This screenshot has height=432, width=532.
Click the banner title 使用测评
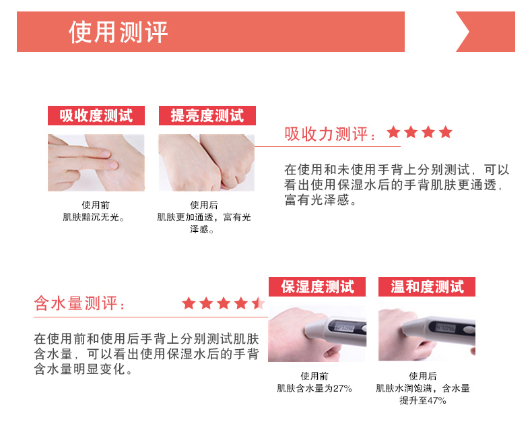pos(118,32)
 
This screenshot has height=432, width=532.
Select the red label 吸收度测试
pos(96,115)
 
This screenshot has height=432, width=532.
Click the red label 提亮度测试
pos(207,115)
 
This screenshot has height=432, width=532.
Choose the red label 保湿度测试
pos(317,286)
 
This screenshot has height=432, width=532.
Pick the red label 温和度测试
pos(427,286)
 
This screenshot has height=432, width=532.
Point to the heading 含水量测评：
pos(80,304)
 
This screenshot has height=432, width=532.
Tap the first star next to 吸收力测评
pos(393,132)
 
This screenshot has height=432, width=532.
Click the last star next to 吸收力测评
pos(445,132)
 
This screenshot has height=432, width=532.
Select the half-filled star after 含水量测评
pos(259,303)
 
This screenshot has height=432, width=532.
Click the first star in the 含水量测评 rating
pos(189,303)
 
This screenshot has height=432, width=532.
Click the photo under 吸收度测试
pos(96,162)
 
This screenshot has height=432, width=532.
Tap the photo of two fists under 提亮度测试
pos(207,162)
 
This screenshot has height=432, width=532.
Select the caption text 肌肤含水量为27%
pos(314,388)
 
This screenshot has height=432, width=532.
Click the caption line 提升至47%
pos(423,400)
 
